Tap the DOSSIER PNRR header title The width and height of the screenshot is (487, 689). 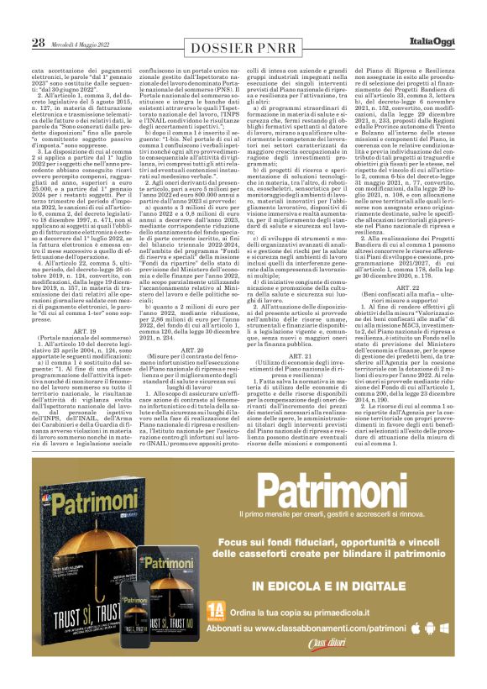244,47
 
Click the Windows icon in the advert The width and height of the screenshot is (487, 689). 444,628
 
